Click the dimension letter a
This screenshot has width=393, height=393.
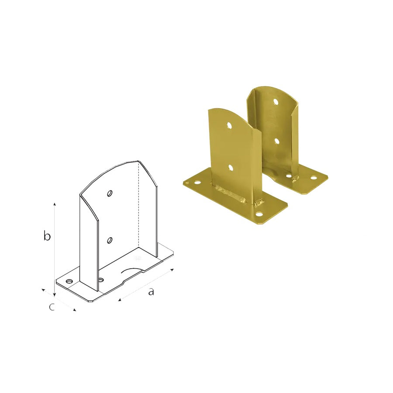coord(151,292)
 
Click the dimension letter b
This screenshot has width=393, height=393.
coord(47,236)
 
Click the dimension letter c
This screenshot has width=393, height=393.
coord(52,307)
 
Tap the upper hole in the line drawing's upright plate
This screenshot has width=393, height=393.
coord(110,193)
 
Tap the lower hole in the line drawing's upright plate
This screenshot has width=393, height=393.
coord(110,240)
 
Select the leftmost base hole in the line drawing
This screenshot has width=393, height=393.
coord(69,281)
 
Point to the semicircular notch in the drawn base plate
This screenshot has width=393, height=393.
coord(132,270)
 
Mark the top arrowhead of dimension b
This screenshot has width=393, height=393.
coord(55,204)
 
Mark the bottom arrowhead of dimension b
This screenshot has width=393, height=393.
coord(55,295)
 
